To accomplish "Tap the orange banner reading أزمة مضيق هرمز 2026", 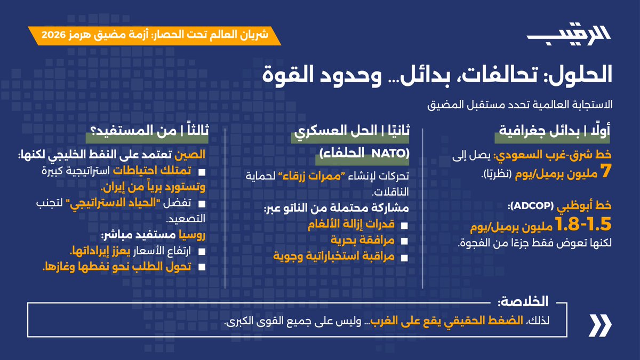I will tap(155, 36).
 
